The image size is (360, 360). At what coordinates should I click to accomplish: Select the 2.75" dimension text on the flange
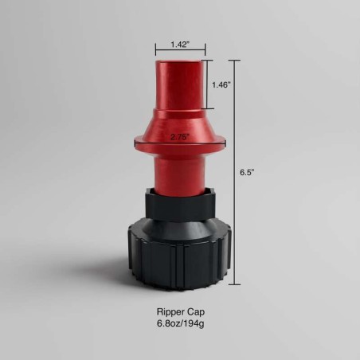pyautogui.click(x=181, y=137)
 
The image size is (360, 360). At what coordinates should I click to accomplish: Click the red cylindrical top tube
pyautogui.click(x=180, y=86)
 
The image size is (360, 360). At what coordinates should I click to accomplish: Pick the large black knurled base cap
pyautogui.click(x=180, y=254)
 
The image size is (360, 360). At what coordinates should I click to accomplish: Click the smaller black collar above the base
pyautogui.click(x=180, y=203)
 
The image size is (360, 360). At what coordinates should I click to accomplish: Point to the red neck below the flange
pyautogui.click(x=180, y=170)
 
